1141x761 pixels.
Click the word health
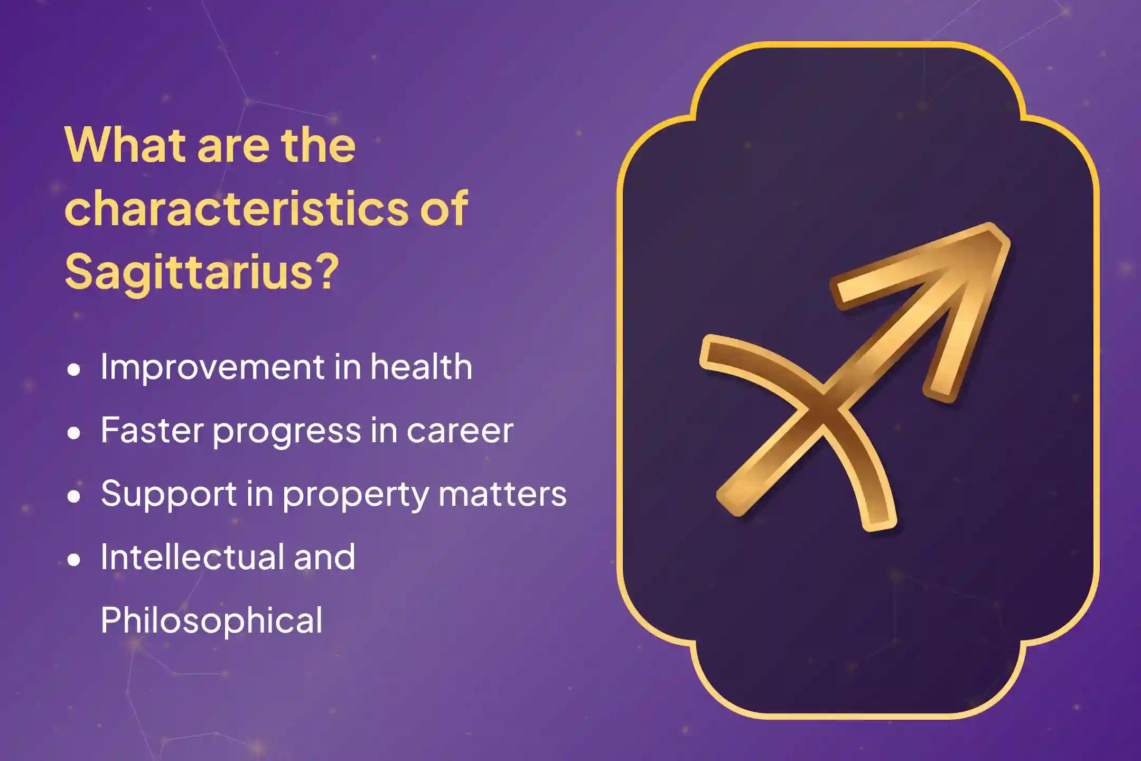(421, 367)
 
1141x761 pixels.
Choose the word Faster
(152, 430)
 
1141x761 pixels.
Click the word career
(460, 431)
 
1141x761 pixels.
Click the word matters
(502, 494)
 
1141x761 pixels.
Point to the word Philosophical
(211, 620)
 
